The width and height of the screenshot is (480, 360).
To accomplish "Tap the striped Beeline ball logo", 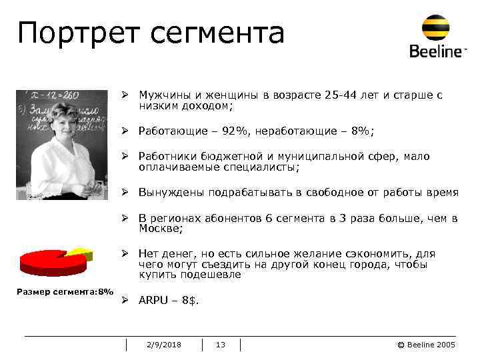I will point(435,27).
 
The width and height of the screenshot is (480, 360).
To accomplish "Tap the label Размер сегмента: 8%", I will point(65,292).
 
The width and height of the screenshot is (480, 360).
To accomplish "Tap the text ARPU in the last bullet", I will point(152,301).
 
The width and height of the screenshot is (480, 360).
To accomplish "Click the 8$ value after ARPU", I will point(190,301).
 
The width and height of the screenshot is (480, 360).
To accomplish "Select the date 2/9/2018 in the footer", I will point(163,345).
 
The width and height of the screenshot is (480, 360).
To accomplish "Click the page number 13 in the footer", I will point(221,345).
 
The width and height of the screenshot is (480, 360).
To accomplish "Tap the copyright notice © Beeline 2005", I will point(426,345).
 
